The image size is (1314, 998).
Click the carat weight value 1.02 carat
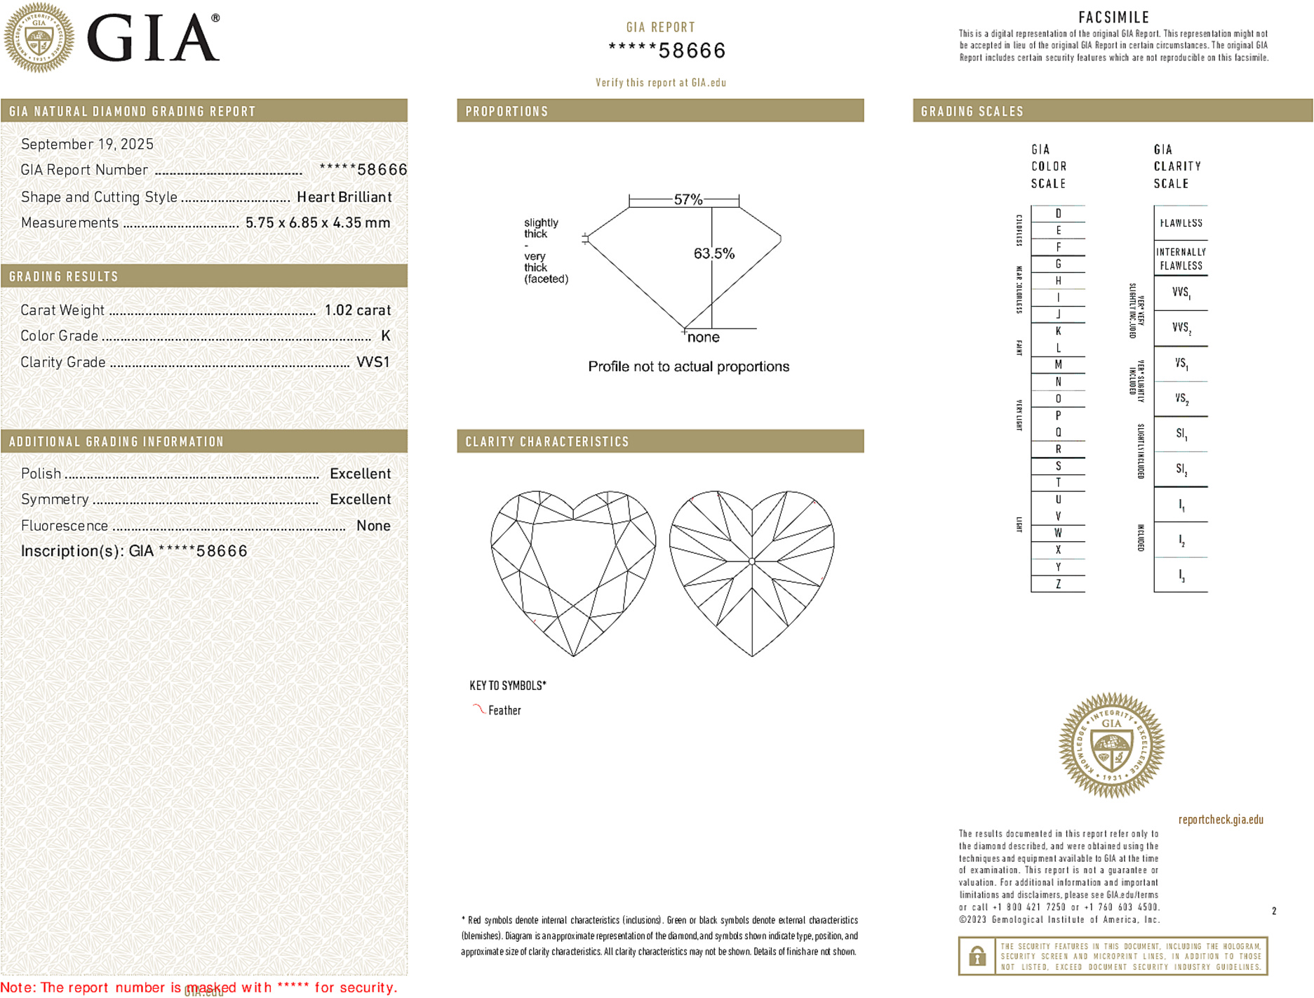[357, 310]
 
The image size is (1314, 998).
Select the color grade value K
[385, 336]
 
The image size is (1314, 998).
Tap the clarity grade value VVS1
[373, 362]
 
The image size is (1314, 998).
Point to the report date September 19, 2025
[87, 144]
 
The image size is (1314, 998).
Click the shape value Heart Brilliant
[344, 197]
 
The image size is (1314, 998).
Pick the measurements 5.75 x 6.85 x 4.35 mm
[317, 223]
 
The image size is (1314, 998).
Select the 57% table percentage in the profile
[688, 199]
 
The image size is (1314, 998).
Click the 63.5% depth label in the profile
[713, 253]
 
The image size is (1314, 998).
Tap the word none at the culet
[703, 338]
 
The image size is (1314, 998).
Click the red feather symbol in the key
[478, 709]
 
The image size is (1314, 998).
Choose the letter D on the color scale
[1058, 213]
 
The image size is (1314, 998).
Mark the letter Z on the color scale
[1058, 584]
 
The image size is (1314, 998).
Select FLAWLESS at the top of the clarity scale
[1181, 223]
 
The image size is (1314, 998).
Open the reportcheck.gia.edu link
[1220, 820]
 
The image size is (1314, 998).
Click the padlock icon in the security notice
[977, 956]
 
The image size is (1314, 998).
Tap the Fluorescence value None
[373, 526]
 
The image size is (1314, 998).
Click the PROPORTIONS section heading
[507, 112]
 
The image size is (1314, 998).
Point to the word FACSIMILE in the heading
[1113, 18]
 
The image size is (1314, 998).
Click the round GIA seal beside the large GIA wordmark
[39, 37]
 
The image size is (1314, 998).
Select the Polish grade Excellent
[360, 474]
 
